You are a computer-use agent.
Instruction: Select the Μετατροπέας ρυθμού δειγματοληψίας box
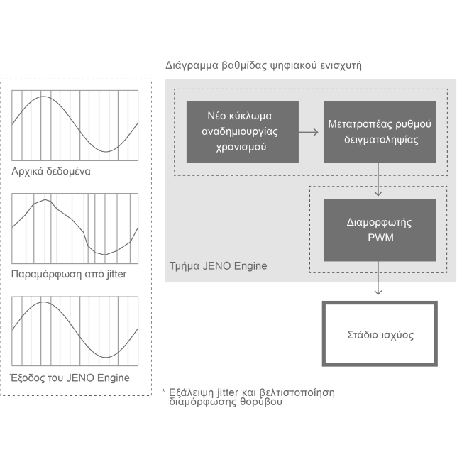point(380,132)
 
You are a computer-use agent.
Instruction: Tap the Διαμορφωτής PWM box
point(380,230)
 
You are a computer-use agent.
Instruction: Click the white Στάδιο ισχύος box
point(380,334)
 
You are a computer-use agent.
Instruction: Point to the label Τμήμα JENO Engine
point(218,266)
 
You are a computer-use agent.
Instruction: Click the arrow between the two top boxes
point(309,132)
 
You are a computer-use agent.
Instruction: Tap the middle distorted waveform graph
point(75,228)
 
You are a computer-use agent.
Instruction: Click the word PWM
point(380,238)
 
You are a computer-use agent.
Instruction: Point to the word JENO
point(217,266)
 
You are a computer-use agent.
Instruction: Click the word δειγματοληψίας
point(380,140)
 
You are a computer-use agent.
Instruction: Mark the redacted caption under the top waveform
point(51,171)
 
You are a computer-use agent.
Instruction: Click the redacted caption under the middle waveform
point(69,275)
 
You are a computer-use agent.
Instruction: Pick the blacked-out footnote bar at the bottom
point(248,397)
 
